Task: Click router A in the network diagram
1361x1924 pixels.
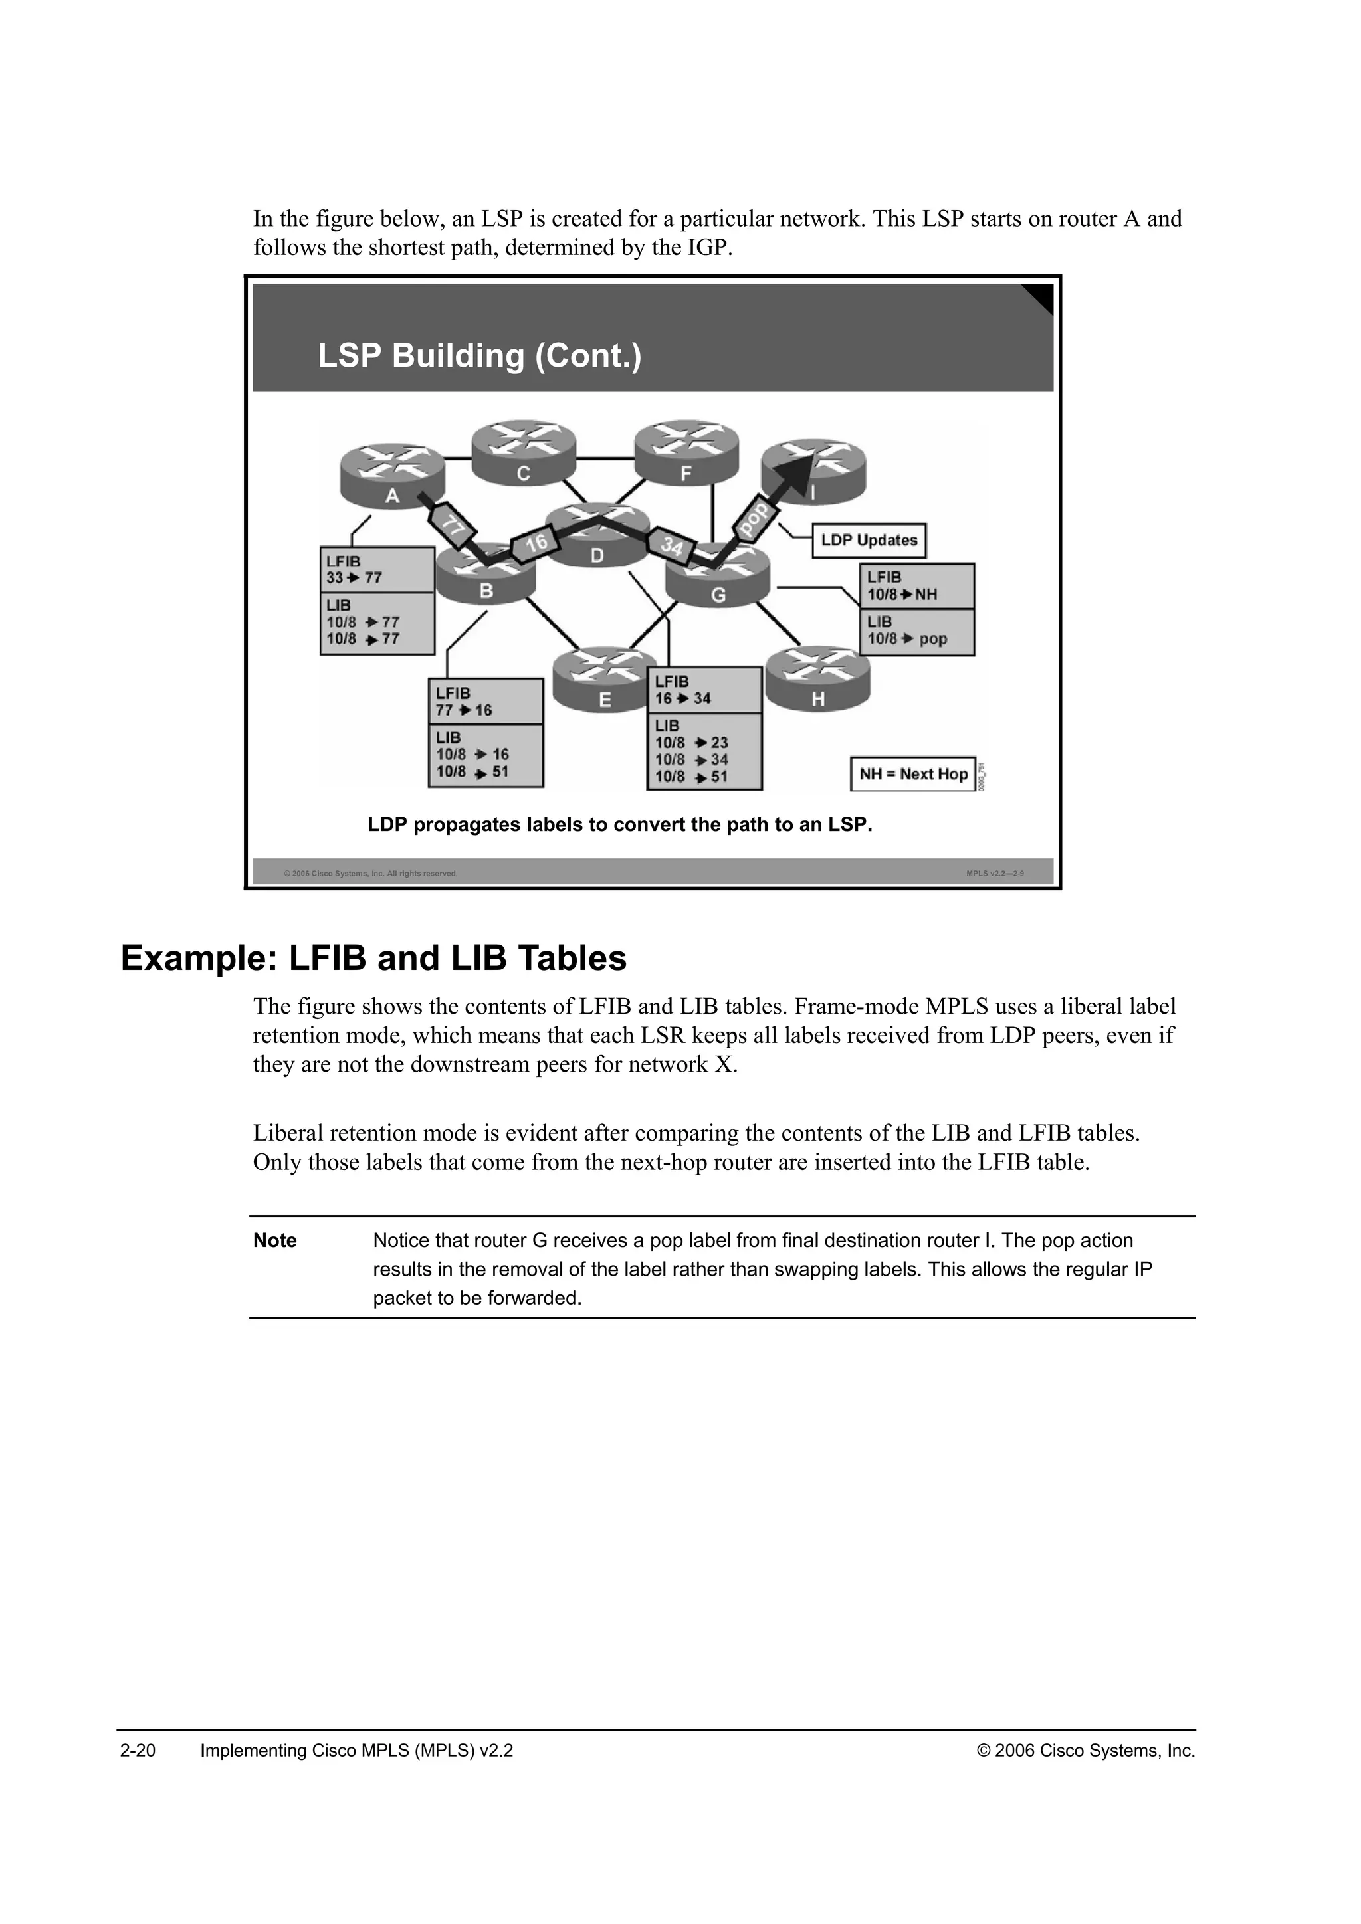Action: [x=391, y=475]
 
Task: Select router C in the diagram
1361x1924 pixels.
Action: [x=523, y=452]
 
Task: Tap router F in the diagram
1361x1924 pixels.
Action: [x=686, y=453]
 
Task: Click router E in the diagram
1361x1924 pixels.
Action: [x=604, y=680]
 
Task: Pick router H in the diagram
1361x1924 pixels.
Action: [x=818, y=679]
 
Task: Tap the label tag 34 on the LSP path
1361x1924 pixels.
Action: [x=672, y=546]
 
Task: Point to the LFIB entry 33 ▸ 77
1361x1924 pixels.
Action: [x=354, y=578]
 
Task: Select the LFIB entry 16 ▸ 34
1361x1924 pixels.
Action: [x=683, y=698]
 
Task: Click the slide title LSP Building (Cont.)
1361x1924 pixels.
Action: [x=479, y=356]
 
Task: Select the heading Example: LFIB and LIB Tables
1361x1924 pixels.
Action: [x=373, y=959]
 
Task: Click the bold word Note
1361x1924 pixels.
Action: [x=275, y=1240]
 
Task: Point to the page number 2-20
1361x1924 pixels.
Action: [x=138, y=1751]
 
